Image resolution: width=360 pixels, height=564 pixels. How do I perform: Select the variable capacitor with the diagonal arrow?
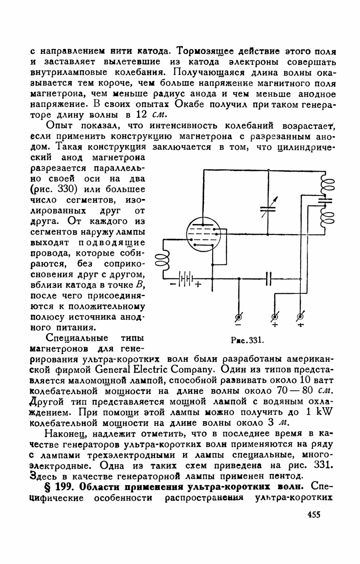tap(268, 207)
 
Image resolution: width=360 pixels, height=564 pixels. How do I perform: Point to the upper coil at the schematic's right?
tap(327, 185)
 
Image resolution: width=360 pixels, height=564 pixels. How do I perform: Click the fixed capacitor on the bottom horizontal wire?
tap(268, 278)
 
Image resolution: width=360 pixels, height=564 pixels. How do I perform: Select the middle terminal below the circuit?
tap(274, 316)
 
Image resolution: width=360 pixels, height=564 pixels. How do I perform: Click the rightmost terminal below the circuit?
tap(300, 316)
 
